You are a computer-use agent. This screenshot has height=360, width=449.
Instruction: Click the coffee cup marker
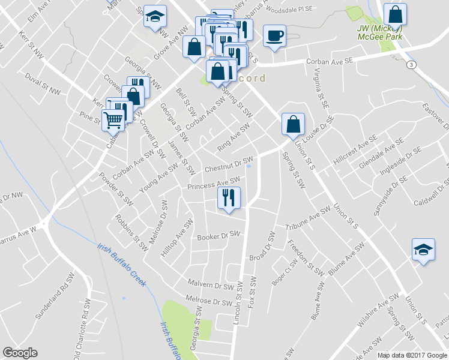(x=274, y=36)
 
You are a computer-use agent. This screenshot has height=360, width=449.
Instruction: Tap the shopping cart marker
(x=113, y=120)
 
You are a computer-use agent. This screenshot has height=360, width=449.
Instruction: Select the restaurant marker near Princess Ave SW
(x=229, y=197)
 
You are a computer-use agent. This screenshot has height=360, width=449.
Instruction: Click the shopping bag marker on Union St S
(x=293, y=125)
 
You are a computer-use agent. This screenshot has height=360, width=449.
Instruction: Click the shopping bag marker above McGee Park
(x=395, y=14)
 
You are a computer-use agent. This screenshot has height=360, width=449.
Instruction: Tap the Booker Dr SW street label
(x=218, y=236)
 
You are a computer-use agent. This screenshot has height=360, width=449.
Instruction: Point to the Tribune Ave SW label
(x=309, y=222)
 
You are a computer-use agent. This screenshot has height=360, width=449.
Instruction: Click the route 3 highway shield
(x=411, y=64)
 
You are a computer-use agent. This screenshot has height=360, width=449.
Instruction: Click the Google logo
(x=20, y=353)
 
